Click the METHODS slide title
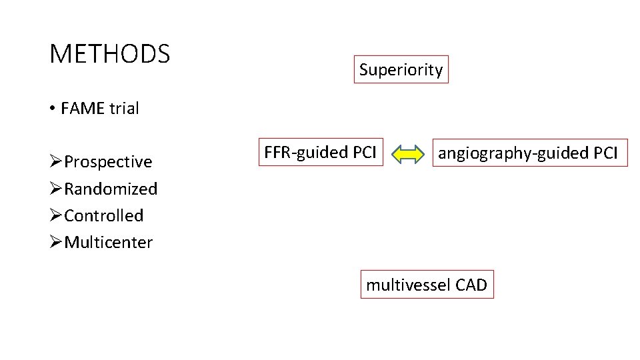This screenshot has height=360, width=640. tap(109, 53)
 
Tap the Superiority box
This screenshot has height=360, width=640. tap(401, 69)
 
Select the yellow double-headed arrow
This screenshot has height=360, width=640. tap(408, 155)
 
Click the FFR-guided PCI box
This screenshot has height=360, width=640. tap(320, 153)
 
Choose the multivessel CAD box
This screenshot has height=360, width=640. tap(427, 285)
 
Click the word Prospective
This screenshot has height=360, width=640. tap(108, 163)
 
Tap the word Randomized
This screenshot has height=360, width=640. tap(111, 189)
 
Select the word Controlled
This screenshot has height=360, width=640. tap(103, 216)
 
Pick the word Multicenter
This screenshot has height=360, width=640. tap(108, 243)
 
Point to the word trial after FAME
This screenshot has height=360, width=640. tap(124, 109)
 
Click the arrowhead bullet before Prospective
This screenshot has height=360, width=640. tap(56, 162)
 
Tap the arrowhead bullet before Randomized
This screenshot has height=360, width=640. tap(56, 189)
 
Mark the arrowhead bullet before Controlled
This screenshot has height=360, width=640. tap(56, 215)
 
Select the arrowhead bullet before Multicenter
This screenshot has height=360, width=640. tap(56, 242)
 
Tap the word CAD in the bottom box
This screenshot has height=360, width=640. tap(471, 285)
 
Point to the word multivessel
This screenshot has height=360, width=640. tap(408, 285)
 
